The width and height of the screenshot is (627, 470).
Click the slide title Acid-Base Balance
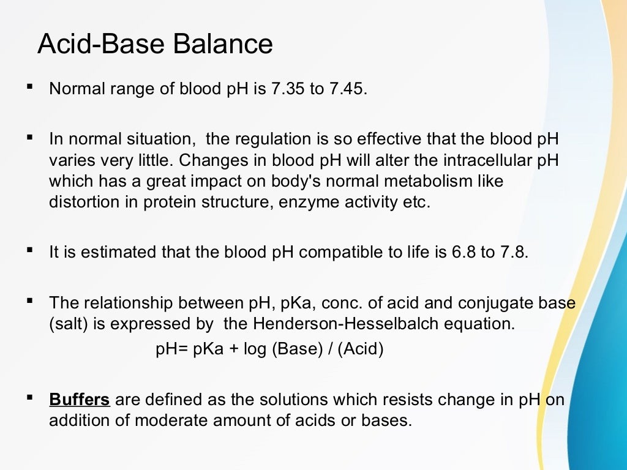point(155,45)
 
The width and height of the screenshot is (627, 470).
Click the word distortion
point(78,203)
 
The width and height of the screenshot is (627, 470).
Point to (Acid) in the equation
point(361,350)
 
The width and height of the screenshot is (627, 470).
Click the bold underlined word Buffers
point(80,400)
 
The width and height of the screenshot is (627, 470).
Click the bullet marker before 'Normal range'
point(29,87)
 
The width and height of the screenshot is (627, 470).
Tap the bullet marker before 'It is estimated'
point(29,250)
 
